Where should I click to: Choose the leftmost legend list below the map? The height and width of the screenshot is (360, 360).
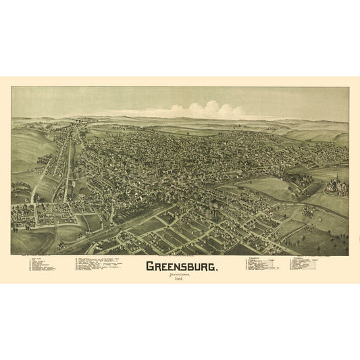47,265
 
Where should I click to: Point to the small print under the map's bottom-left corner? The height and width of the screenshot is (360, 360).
27,257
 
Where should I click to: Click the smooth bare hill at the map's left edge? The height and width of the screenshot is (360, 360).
27,145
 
